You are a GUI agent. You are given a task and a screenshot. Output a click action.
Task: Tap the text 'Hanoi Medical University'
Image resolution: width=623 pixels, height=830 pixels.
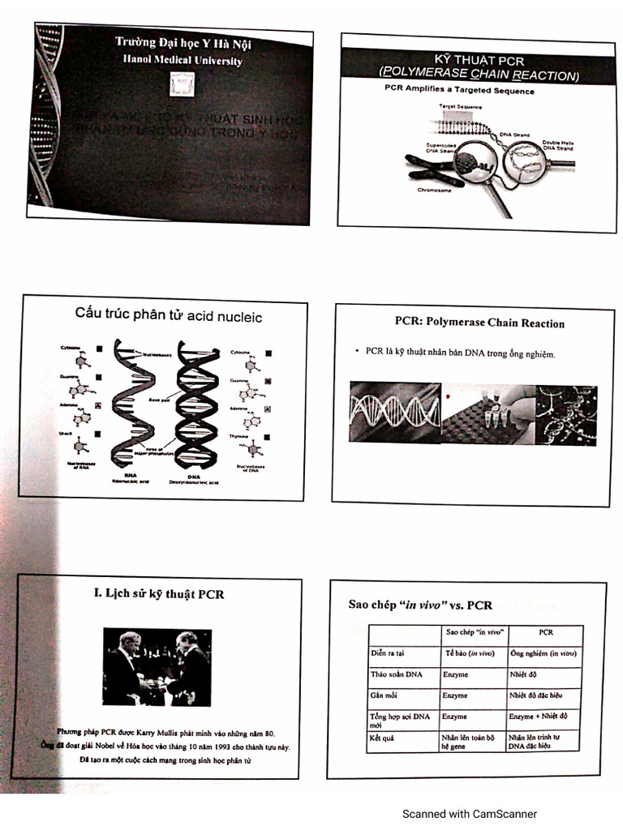coord(182,60)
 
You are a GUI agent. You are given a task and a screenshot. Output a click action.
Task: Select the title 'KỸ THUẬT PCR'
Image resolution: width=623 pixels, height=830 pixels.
coord(479,62)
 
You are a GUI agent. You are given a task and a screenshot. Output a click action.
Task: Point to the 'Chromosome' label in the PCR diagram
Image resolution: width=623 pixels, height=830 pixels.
coord(435,190)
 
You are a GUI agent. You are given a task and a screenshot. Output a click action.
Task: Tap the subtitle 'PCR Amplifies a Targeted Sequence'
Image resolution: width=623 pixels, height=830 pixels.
coord(459,92)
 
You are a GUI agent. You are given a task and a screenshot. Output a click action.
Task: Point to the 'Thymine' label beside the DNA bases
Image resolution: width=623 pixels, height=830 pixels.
coord(239,435)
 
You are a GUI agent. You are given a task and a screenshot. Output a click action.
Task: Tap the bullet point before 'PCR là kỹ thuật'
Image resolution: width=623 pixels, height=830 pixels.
coord(358,352)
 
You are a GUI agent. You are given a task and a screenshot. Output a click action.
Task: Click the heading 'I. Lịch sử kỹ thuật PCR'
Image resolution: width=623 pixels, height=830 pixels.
coord(159,594)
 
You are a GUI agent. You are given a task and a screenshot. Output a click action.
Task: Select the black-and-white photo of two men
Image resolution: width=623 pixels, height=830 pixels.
coord(157,666)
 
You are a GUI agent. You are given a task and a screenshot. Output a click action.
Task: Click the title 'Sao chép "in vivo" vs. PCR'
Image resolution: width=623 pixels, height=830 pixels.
coord(420,605)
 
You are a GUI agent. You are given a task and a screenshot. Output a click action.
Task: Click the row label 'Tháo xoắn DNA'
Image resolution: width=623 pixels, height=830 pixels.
coord(396,674)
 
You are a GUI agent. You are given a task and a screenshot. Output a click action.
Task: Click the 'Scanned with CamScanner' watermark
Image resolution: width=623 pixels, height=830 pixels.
coord(469,814)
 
